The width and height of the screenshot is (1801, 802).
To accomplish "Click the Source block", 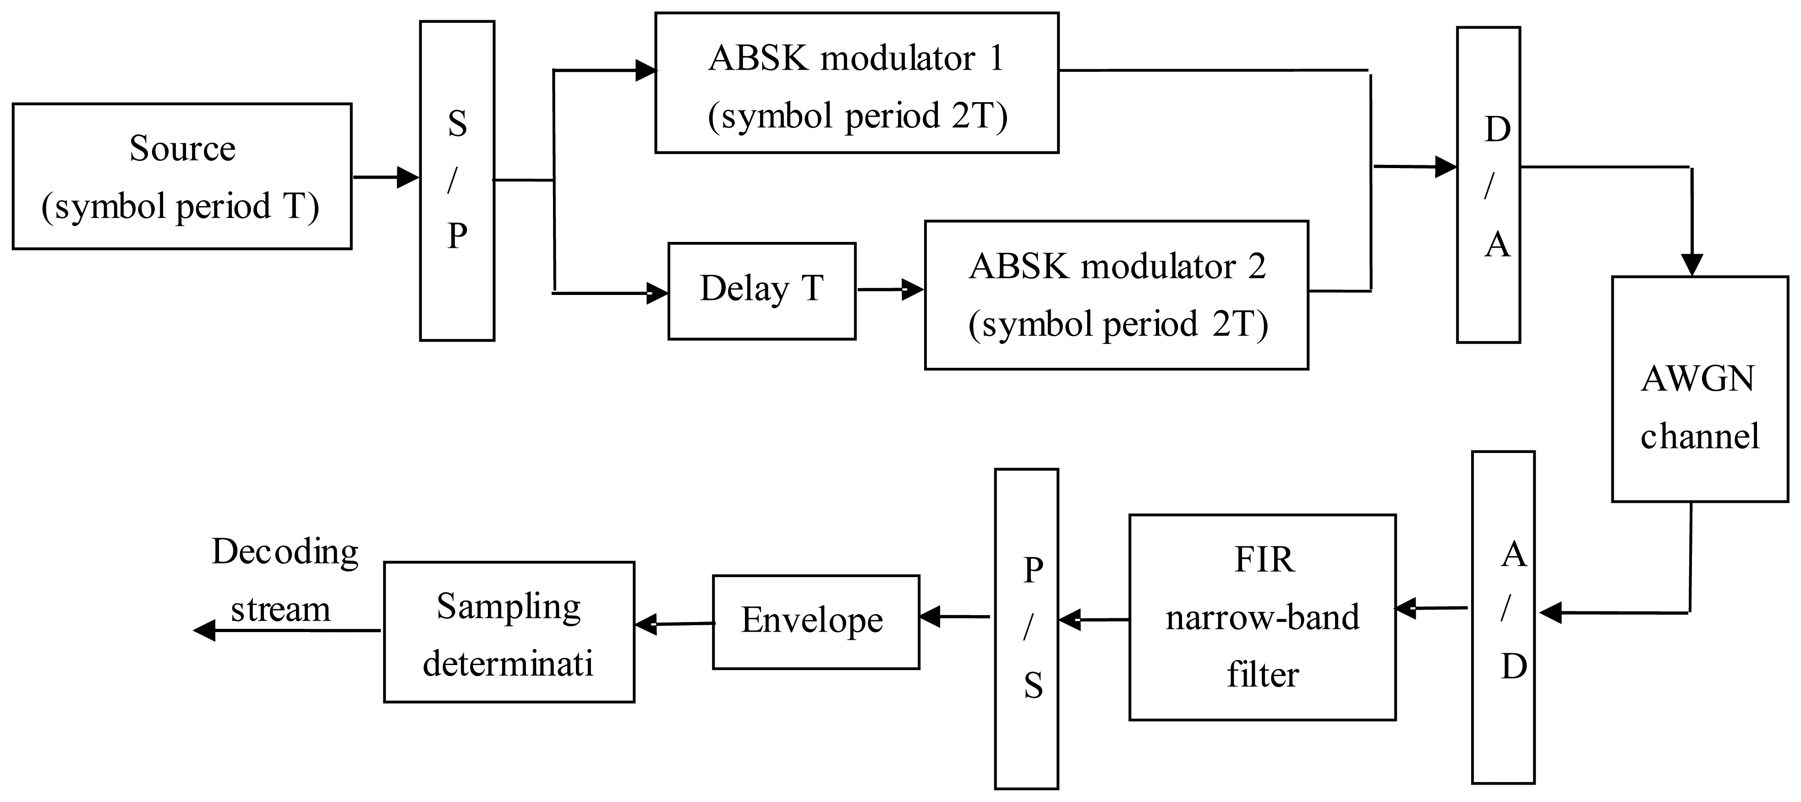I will click(x=182, y=176).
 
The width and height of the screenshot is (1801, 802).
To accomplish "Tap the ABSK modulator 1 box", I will click(x=856, y=82).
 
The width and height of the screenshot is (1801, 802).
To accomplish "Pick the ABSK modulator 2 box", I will click(x=1116, y=295).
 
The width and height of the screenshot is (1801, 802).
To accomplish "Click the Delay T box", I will click(x=761, y=291).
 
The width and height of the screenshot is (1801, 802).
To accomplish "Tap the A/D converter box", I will click(x=1503, y=617).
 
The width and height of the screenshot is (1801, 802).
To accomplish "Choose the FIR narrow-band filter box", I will click(x=1262, y=617).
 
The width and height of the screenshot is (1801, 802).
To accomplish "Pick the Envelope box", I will click(x=815, y=622).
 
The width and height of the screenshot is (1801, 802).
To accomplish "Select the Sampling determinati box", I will click(x=509, y=632).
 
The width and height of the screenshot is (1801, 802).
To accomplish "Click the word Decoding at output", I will click(x=285, y=551).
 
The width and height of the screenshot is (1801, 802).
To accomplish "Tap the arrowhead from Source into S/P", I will click(x=408, y=178).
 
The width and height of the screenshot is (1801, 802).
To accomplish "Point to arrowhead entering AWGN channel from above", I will click(x=1691, y=264).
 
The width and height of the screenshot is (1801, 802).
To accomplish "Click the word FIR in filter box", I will click(x=1264, y=559).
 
